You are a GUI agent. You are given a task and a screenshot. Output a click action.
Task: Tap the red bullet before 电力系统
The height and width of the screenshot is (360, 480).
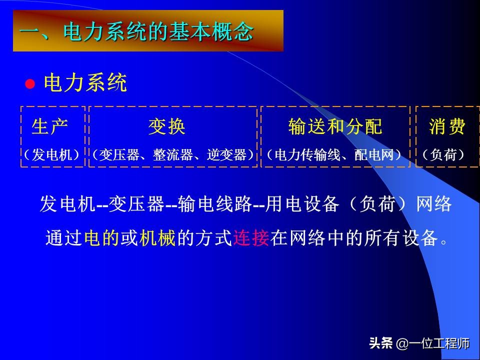pyautogui.click(x=30, y=83)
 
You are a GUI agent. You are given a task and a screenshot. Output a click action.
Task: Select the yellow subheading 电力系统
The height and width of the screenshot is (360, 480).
pyautogui.click(x=85, y=83)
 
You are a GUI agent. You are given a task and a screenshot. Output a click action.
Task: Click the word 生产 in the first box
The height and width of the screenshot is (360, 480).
pyautogui.click(x=50, y=127)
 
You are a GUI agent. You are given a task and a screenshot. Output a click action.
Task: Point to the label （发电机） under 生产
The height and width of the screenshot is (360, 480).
pyautogui.click(x=52, y=155)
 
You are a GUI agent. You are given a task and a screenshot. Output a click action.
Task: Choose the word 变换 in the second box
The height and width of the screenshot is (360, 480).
pyautogui.click(x=167, y=127)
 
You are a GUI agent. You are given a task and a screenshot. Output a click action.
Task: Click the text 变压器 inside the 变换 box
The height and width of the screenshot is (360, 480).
pyautogui.click(x=118, y=155)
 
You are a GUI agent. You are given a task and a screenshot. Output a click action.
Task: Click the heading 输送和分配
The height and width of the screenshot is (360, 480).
pyautogui.click(x=335, y=127)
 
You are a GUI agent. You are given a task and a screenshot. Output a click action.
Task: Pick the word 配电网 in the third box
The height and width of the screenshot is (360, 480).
pyautogui.click(x=372, y=155)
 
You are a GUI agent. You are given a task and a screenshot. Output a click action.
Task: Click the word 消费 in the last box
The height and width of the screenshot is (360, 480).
pyautogui.click(x=447, y=127)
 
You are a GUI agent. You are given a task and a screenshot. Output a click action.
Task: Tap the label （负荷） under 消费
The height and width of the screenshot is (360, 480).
pyautogui.click(x=443, y=155)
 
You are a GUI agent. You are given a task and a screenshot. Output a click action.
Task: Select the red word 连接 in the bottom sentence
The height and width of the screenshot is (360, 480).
pyautogui.click(x=251, y=238)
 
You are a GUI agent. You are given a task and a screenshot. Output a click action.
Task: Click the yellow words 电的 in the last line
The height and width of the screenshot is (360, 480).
pyautogui.click(x=102, y=238)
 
